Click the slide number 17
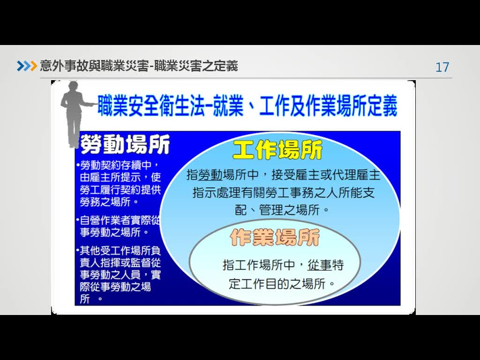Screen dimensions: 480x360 pyautogui.click(x=442, y=67)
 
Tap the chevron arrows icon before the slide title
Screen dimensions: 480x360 pyautogui.click(x=27, y=66)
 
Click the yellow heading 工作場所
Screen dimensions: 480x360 pyautogui.click(x=277, y=150)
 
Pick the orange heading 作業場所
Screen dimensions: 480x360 pyautogui.click(x=275, y=237)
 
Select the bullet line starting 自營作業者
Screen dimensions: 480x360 pyautogui.click(x=118, y=220)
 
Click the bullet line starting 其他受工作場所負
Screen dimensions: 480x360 pyautogui.click(x=118, y=251)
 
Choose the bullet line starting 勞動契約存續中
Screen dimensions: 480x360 pyautogui.click(x=118, y=165)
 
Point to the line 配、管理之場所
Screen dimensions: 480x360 pyautogui.click(x=282, y=210)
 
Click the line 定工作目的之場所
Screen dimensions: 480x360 pyautogui.click(x=282, y=284)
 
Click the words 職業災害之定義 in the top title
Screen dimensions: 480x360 pyautogui.click(x=196, y=66)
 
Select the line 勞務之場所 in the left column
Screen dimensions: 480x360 pyautogui.click(x=109, y=202)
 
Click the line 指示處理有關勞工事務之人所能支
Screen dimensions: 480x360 pyautogui.click(x=284, y=193)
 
